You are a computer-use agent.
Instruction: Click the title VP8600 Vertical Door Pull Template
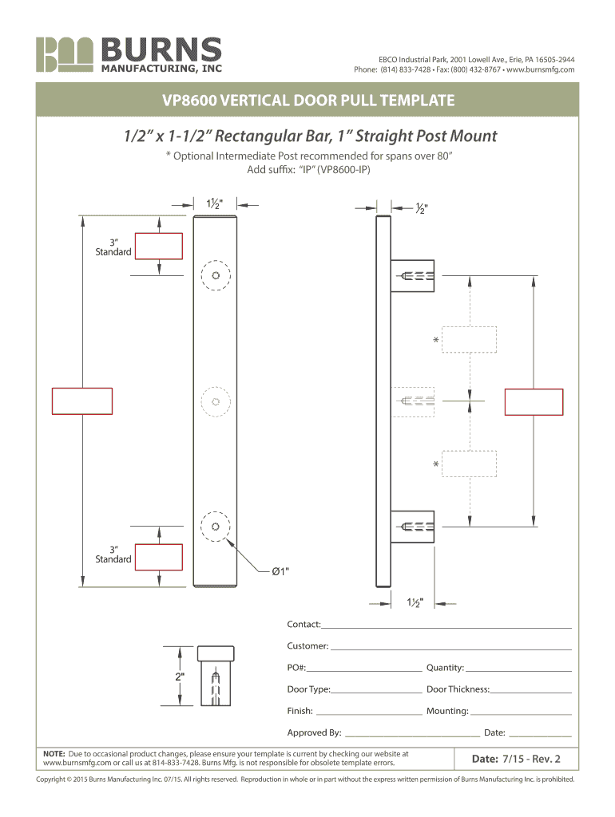307,101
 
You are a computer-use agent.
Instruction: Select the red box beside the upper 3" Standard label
159,246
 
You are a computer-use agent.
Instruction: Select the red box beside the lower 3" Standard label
159,557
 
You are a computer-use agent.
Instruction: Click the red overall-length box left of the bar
82,401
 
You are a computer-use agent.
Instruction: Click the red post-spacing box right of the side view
534,401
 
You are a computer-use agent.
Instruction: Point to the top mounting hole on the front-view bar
216,276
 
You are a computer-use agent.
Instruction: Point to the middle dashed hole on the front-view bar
216,401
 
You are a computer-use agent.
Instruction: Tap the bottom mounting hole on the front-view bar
216,527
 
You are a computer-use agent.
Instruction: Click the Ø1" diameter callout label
280,571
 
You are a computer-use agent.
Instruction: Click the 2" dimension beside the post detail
180,677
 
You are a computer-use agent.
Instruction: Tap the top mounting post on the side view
412,276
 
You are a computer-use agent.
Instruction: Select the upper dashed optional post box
470,339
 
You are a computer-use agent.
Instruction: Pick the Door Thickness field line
531,689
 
